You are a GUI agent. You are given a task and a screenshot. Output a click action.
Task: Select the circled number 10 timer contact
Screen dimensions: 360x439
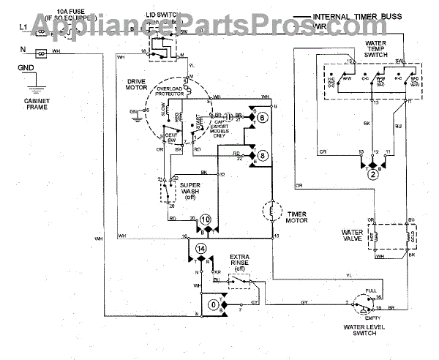(x=206, y=219)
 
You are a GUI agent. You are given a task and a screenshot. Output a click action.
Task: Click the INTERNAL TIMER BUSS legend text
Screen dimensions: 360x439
(x=359, y=16)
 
